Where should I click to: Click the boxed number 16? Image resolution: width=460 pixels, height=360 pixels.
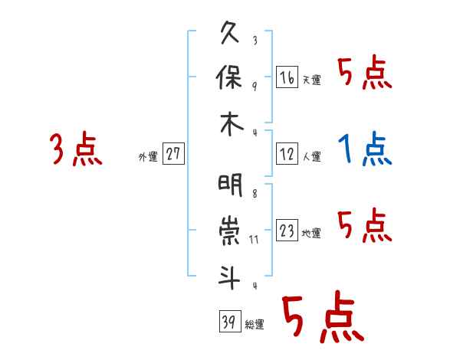click(x=287, y=77)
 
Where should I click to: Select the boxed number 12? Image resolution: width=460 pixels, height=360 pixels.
click(x=287, y=154)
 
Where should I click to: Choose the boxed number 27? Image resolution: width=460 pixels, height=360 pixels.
click(x=173, y=154)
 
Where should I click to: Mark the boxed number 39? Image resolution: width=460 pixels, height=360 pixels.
click(x=228, y=322)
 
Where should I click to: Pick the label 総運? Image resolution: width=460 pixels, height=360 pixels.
click(x=255, y=325)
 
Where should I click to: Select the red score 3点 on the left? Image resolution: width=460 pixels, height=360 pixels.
click(x=75, y=149)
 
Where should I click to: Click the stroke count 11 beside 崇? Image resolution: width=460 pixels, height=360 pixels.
click(x=255, y=240)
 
